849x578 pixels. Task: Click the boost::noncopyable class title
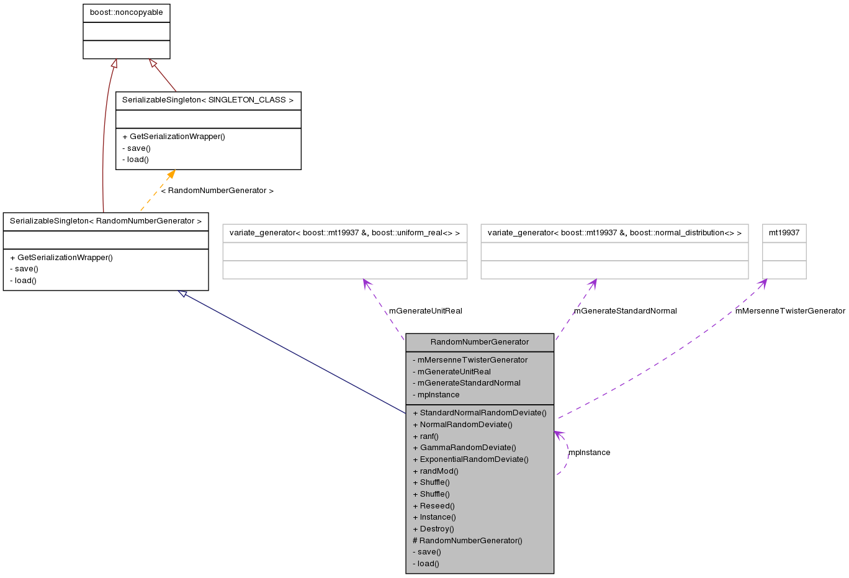click(126, 12)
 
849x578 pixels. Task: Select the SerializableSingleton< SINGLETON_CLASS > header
click(208, 100)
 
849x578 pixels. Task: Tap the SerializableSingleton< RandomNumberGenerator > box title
click(106, 221)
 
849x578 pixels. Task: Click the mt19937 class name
click(784, 233)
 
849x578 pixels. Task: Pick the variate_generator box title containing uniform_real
click(344, 233)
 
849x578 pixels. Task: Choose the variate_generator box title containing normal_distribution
click(614, 233)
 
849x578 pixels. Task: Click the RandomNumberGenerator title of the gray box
click(479, 342)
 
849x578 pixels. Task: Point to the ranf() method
click(429, 436)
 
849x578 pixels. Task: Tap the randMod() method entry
click(439, 471)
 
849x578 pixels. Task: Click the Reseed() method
click(437, 506)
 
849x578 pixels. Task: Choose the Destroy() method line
click(436, 529)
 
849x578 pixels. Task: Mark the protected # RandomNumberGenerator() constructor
click(467, 541)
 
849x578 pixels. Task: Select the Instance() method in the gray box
click(438, 517)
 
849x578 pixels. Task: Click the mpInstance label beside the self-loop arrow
click(590, 453)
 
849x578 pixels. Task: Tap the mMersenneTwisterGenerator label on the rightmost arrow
click(790, 311)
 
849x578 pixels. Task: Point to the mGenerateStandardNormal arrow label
click(625, 311)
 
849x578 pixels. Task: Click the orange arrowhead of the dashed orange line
click(170, 175)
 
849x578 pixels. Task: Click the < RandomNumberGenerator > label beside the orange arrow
click(217, 191)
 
